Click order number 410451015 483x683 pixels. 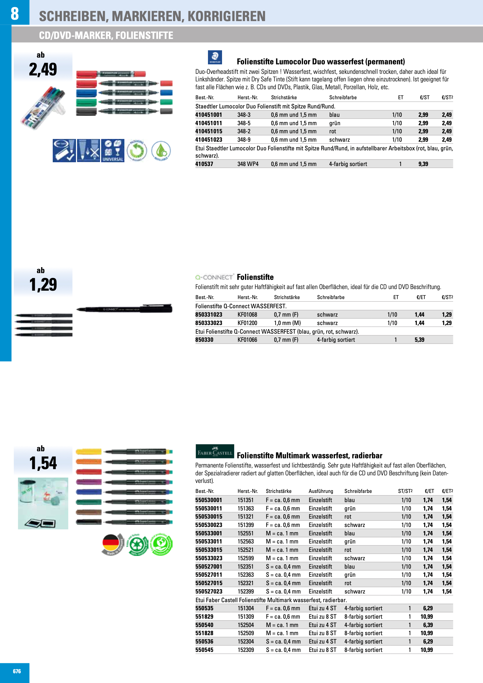point(209,131)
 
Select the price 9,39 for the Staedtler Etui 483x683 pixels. point(423,164)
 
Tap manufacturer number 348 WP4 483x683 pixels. point(248,164)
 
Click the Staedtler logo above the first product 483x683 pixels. point(214,57)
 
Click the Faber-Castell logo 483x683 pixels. point(214,452)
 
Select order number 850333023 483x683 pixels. point(209,323)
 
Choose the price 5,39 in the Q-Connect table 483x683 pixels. point(419,340)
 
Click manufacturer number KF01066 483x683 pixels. point(247,340)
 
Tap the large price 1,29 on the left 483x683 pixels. point(43,284)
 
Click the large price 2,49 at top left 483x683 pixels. point(43,69)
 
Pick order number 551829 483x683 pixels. point(204,617)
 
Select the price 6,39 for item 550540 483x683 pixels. point(428,625)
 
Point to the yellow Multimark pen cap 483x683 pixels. point(88,452)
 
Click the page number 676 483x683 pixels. point(17,671)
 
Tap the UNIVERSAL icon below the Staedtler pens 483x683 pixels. point(113,151)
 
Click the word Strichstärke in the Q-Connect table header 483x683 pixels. point(287,297)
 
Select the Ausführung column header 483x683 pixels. point(320,491)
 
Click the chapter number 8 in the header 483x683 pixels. point(15,14)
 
